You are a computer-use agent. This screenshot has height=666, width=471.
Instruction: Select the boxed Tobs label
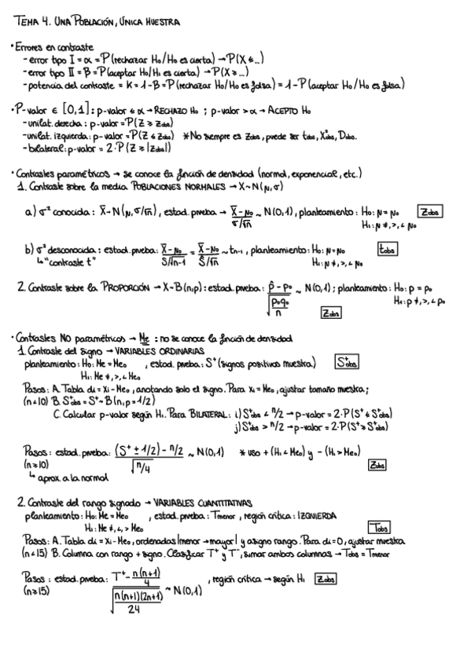(378, 528)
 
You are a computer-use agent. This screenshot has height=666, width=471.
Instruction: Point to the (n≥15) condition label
(33, 588)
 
